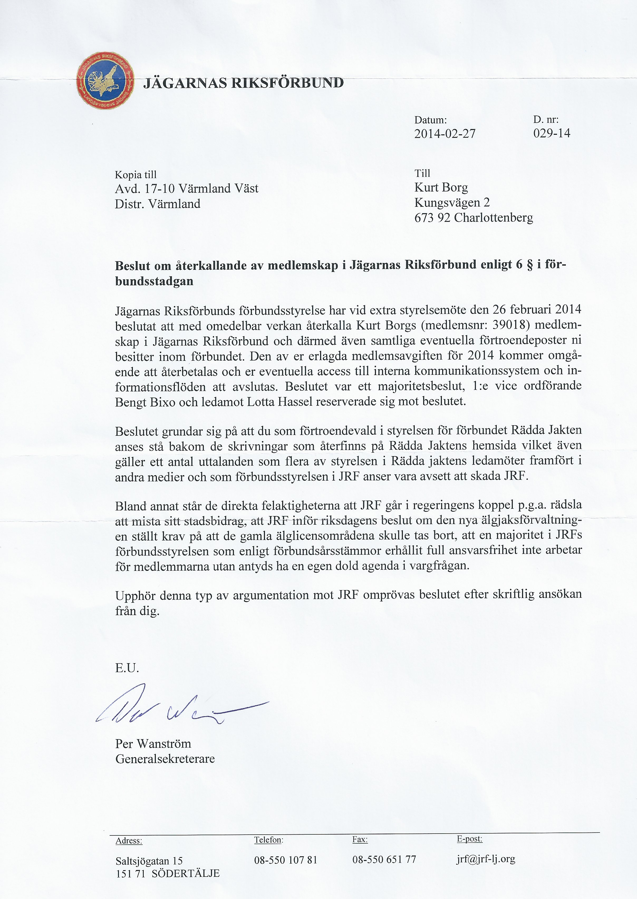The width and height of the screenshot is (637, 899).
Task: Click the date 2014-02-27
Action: [445, 134]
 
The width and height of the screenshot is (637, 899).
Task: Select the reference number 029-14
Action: [552, 133]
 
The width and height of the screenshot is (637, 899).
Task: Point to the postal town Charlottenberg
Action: [494, 218]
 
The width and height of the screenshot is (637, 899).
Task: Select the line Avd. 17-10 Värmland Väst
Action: [186, 189]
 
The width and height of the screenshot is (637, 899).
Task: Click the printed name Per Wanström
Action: [153, 744]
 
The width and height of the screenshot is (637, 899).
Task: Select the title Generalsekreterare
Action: [165, 759]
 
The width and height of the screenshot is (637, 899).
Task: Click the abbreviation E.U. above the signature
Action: [127, 668]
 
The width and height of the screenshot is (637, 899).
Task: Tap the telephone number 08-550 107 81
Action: [286, 860]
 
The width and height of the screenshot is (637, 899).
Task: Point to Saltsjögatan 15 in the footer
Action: [149, 861]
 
